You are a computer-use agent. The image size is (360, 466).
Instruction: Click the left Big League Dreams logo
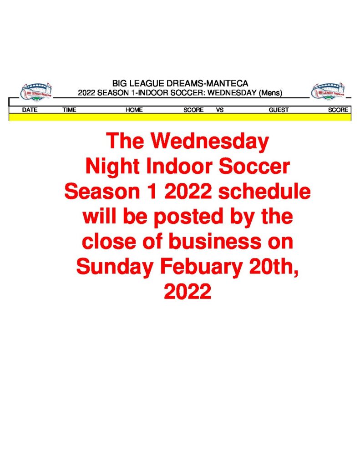[36, 91]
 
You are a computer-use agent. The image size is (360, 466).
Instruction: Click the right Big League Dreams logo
[328, 91]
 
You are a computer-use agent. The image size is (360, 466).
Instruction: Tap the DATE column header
[30, 110]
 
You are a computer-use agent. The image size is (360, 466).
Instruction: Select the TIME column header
[69, 110]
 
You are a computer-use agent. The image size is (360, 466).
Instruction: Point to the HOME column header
[134, 110]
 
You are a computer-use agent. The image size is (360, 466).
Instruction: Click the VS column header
[220, 110]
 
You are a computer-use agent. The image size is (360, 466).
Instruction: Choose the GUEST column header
[279, 110]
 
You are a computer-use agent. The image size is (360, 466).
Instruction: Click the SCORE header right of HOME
[193, 110]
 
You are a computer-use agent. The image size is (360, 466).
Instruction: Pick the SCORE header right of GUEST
[338, 110]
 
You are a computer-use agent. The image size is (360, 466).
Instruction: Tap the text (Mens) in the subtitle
[270, 93]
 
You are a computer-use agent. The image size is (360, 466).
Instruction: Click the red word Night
[112, 167]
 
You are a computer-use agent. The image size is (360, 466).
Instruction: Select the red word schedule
[264, 191]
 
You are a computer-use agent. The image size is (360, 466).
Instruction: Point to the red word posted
[188, 217]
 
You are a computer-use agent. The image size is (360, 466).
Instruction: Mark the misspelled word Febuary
[201, 267]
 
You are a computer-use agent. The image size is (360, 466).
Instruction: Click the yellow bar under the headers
[180, 117]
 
